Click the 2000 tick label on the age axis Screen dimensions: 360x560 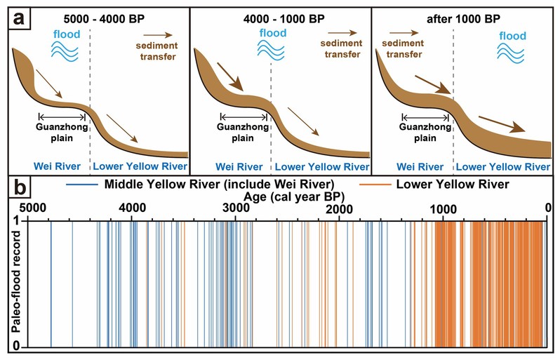339,208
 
